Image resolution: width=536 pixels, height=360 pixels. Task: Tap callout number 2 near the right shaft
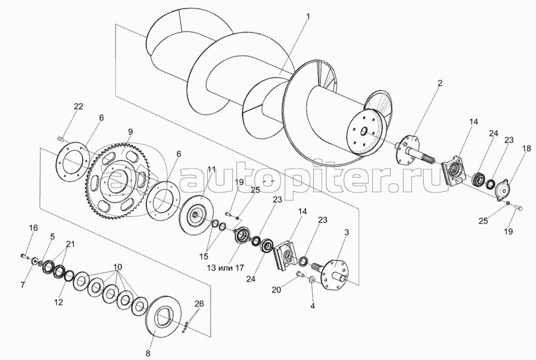click(440, 83)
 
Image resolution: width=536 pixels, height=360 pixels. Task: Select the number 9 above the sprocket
click(130, 132)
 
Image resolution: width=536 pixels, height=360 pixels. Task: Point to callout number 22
click(78, 107)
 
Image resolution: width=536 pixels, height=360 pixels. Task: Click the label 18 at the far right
click(526, 148)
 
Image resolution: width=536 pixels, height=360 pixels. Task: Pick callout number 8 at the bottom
click(148, 354)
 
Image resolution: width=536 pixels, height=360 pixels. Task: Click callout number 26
click(199, 303)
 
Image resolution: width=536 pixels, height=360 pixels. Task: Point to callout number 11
click(212, 169)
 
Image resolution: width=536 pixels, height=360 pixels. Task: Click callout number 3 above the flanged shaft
click(347, 233)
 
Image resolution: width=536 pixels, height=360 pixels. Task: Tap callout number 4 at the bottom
click(312, 306)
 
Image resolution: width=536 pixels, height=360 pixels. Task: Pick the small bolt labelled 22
click(60, 138)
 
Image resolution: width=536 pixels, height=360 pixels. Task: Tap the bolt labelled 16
click(24, 256)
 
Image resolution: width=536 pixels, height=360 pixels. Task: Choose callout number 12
click(59, 302)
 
